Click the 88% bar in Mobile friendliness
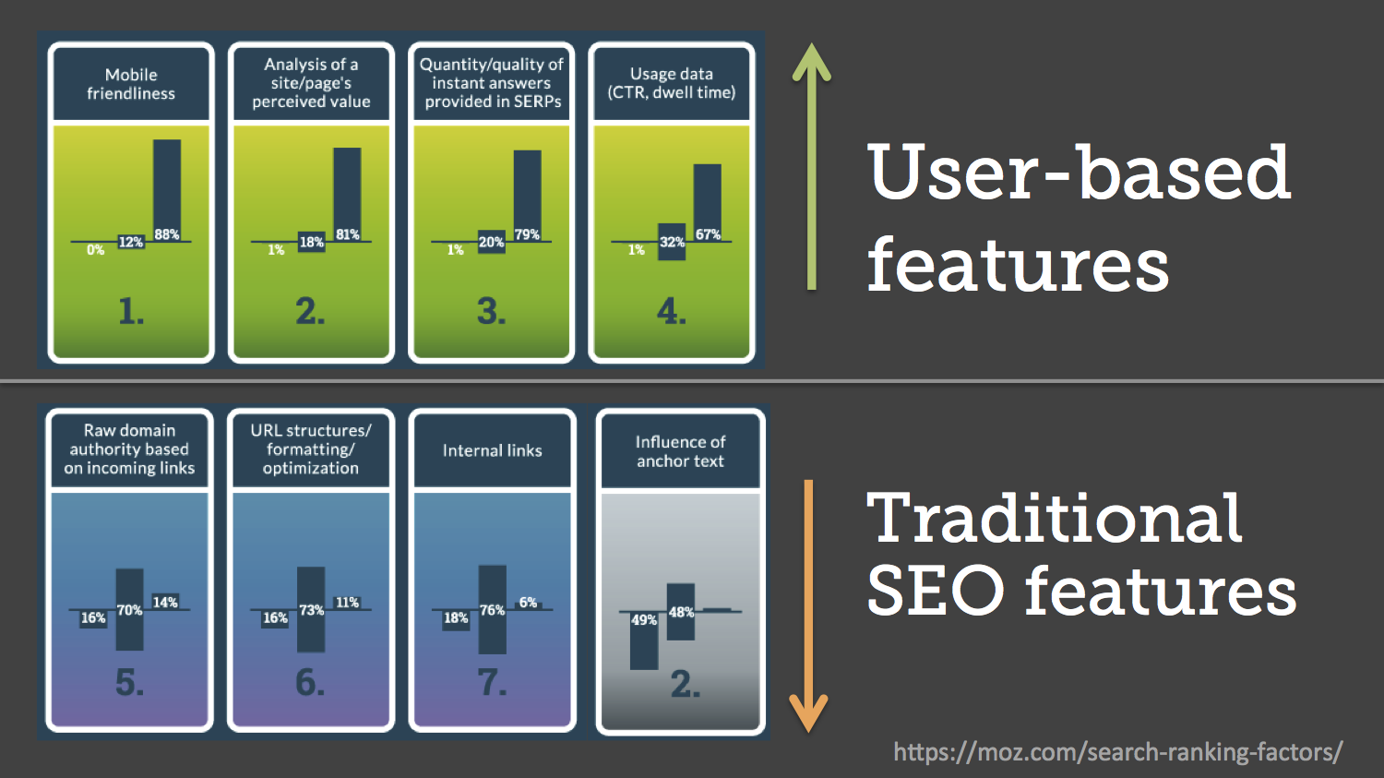(x=167, y=190)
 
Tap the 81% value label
(x=347, y=234)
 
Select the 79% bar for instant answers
(x=527, y=196)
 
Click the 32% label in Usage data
(x=672, y=242)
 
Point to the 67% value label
(x=708, y=234)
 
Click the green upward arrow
(x=811, y=166)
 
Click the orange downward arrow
(x=809, y=606)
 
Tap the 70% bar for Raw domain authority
(x=130, y=609)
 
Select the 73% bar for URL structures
(x=311, y=609)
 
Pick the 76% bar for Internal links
(x=493, y=609)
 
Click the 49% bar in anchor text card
(x=644, y=640)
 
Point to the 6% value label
(x=529, y=603)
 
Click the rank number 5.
(x=130, y=683)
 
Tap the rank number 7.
(x=493, y=683)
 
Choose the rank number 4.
(x=672, y=311)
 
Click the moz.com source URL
(x=1117, y=752)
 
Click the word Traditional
(x=1054, y=518)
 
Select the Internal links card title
(x=493, y=450)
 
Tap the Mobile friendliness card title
(x=131, y=84)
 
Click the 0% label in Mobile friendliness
(x=95, y=250)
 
